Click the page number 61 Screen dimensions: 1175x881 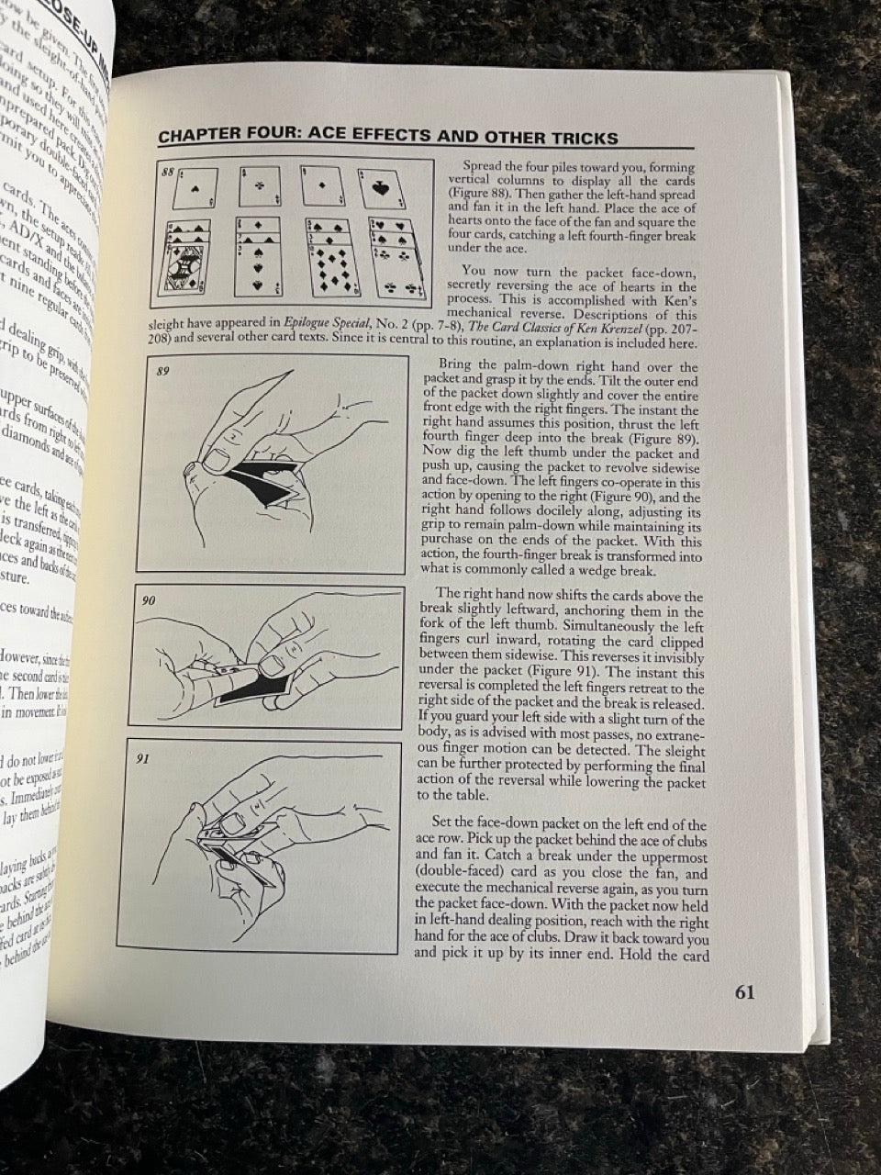point(743,992)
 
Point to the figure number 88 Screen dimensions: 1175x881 point(166,171)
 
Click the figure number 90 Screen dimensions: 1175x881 point(151,600)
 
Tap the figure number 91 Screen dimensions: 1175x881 point(146,760)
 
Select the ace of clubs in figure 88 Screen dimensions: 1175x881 point(259,187)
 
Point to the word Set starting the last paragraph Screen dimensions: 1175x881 point(449,824)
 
